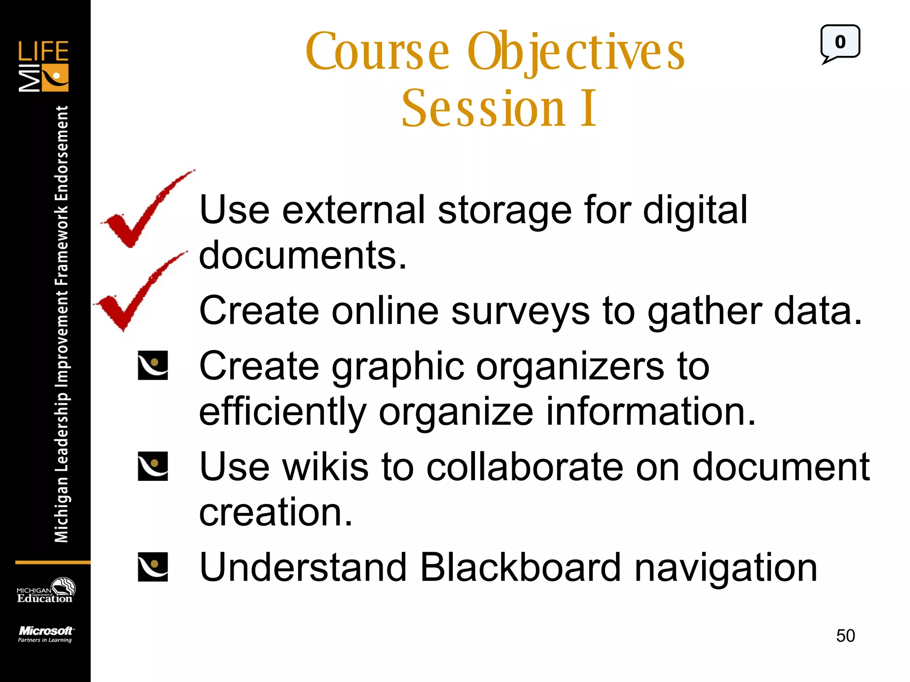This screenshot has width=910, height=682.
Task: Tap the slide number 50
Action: (845, 636)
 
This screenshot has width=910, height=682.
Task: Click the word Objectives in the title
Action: (576, 52)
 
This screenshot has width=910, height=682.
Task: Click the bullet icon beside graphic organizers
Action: (153, 365)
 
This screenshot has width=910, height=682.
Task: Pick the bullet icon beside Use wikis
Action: (153, 466)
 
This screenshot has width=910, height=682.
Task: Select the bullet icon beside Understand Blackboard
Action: (153, 567)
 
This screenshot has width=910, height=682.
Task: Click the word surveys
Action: (520, 311)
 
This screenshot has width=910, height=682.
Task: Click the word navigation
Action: (725, 568)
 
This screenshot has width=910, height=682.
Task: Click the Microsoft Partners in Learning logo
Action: (45, 634)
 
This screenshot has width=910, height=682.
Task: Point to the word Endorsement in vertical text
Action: (62, 153)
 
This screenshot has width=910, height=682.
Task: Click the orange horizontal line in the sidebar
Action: (52, 563)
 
